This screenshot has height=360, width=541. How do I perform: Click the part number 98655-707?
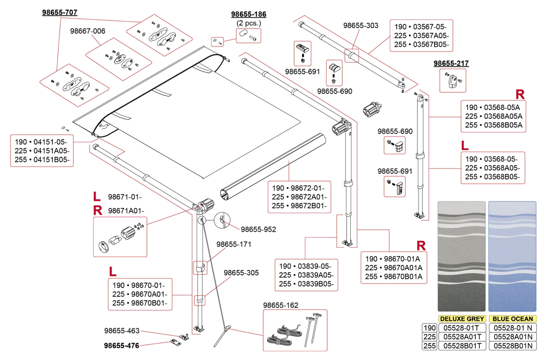60,13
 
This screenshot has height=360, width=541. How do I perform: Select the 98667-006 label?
88,31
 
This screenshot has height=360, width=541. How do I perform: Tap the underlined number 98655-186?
249,14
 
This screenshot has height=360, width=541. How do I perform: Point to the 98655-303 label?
360,26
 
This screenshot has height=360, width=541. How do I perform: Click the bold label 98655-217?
451,63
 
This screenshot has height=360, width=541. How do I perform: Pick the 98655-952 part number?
258,229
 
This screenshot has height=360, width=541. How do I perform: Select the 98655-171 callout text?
234,244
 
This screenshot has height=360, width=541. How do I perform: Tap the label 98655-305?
241,273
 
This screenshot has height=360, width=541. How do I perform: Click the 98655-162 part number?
281,305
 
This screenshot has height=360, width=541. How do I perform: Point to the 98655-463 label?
122,331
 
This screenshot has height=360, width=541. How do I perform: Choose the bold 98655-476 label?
121,345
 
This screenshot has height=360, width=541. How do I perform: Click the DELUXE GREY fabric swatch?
461,256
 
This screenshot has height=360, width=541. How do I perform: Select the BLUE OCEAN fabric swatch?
512,256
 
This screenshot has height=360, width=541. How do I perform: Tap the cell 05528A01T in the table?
462,337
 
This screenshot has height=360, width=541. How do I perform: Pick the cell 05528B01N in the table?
513,346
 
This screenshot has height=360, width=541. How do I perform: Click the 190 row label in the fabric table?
429,328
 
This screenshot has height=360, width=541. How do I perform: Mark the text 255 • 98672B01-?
299,206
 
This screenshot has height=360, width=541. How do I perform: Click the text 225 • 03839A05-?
306,275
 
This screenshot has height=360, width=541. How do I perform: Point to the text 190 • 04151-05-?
41,142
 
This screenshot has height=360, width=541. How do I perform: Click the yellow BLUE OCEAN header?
512,319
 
